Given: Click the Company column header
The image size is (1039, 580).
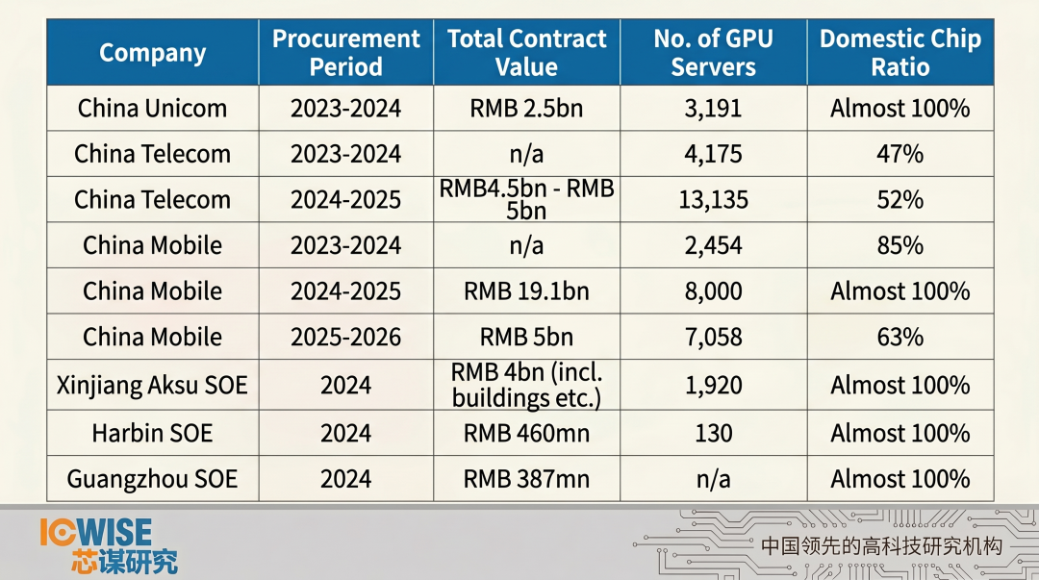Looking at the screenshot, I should click(x=152, y=53).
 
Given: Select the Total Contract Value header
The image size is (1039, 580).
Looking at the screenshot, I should click(x=526, y=53).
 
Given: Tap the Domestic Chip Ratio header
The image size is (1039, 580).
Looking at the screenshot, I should click(x=900, y=53).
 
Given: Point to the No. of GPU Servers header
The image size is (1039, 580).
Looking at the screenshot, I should click(x=713, y=53).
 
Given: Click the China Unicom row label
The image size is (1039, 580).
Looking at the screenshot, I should click(x=152, y=108).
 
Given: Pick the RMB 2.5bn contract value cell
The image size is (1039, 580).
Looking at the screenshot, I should click(x=526, y=108).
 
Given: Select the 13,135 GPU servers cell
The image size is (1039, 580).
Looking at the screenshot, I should click(x=713, y=199).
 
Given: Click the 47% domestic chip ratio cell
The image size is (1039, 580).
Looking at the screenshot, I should click(x=900, y=154).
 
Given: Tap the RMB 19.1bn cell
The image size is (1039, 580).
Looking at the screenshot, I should click(x=526, y=290).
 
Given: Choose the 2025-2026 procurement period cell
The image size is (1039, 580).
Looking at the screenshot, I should click(x=345, y=337).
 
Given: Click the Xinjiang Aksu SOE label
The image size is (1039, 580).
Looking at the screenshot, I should click(x=152, y=385).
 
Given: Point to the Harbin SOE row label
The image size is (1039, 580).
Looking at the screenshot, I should click(x=152, y=433).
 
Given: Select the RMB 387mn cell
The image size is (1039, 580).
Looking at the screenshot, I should click(x=526, y=478).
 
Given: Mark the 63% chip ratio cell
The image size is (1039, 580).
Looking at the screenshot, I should click(x=900, y=337).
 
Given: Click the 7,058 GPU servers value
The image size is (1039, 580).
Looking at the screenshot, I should click(x=713, y=337).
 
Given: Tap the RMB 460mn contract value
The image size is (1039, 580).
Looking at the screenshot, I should click(x=526, y=433).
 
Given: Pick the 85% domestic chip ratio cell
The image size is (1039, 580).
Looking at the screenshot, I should click(x=900, y=245).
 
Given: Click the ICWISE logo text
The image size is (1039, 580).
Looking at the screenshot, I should click(x=96, y=532).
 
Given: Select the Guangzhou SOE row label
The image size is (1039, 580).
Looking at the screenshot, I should click(x=152, y=478).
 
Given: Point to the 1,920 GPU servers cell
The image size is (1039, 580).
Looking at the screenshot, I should click(x=713, y=385).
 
